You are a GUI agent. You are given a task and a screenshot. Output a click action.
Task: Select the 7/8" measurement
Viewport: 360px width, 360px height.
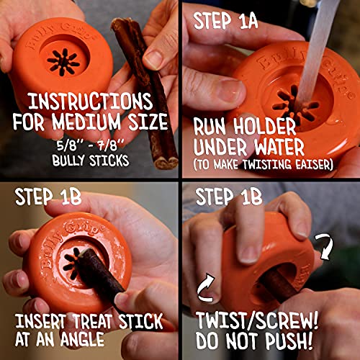click(x=109, y=142)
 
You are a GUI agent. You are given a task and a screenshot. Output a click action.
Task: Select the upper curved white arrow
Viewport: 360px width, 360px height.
click(x=325, y=245)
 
